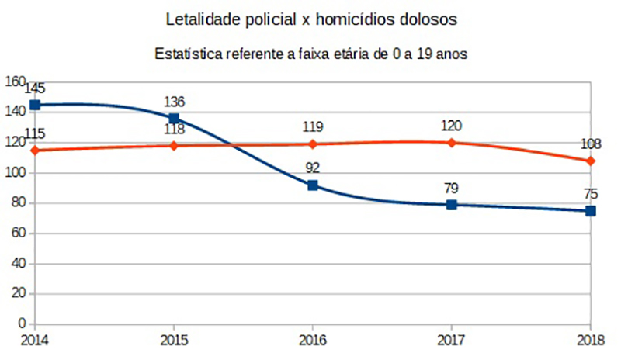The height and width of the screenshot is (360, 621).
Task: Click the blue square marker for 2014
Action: tap(35, 105)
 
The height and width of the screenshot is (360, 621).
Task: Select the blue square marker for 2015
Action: tap(173, 119)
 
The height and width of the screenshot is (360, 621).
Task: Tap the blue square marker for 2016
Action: tap(313, 185)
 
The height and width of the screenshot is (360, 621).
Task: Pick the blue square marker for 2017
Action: tap(452, 205)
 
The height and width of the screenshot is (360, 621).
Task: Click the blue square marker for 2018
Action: tap(591, 211)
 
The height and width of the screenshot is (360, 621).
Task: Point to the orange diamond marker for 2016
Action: tap(313, 144)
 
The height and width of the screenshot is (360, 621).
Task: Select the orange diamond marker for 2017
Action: tap(452, 143)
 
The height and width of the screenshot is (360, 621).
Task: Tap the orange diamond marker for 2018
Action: tap(591, 161)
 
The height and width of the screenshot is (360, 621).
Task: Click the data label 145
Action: tap(35, 88)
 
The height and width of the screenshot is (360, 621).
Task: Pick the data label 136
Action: tap(174, 102)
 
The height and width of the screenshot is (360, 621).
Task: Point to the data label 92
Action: tap(313, 168)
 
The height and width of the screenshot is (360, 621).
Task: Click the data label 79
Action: tap(452, 188)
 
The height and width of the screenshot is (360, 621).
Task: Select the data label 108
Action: tap(591, 144)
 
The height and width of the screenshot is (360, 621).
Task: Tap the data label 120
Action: tap(452, 126)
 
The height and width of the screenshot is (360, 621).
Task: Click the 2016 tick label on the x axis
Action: tap(313, 340)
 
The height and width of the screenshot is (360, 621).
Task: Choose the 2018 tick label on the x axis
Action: tap(591, 340)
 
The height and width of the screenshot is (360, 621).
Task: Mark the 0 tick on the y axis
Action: tap(23, 324)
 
